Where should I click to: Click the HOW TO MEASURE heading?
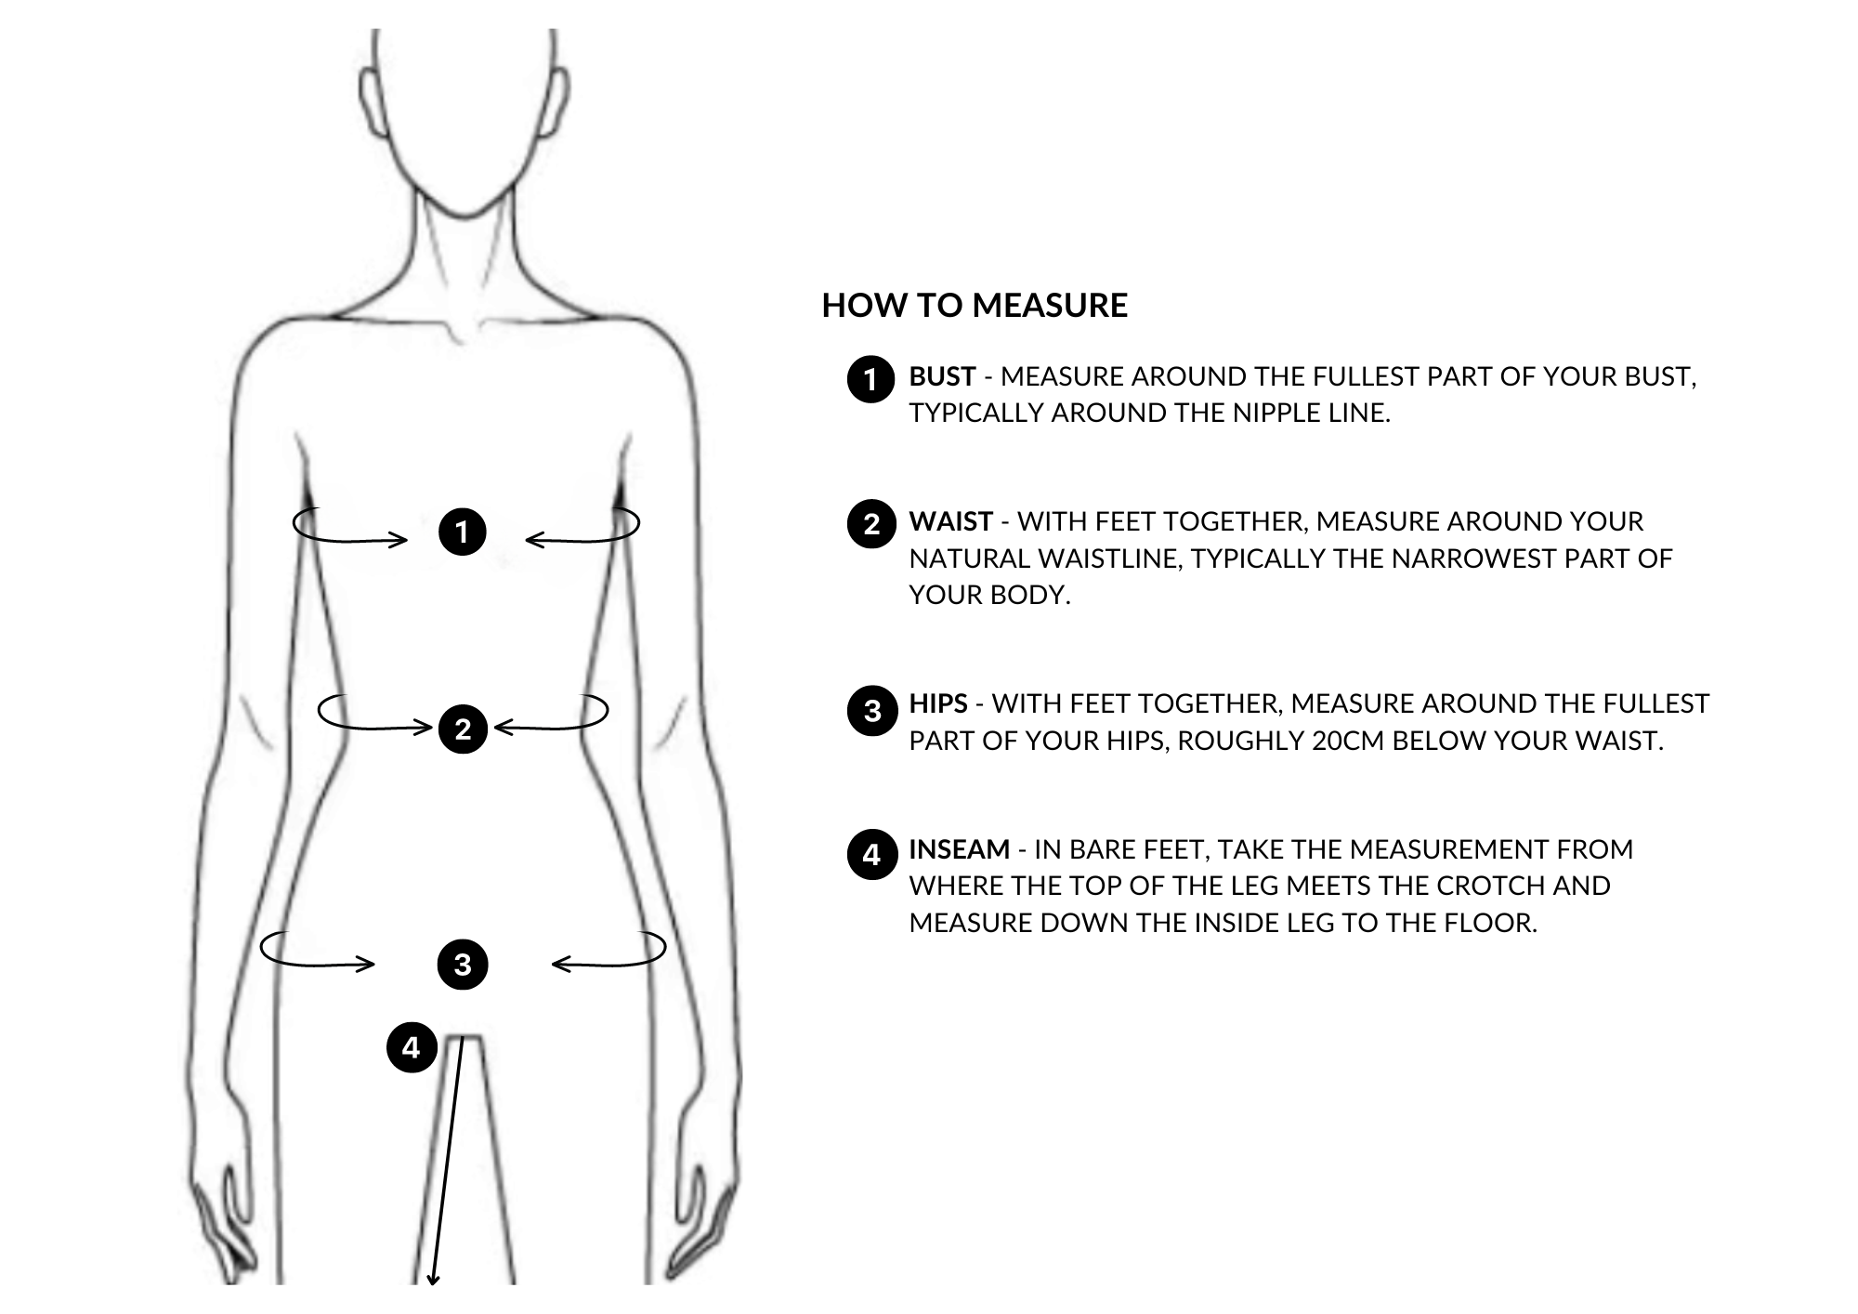pyautogui.click(x=975, y=306)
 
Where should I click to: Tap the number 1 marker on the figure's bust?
pyautogui.click(x=463, y=532)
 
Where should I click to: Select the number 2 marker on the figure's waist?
pyautogui.click(x=463, y=729)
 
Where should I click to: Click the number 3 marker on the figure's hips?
pyautogui.click(x=463, y=965)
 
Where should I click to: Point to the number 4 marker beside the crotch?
pyautogui.click(x=412, y=1047)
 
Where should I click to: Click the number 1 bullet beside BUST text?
pyautogui.click(x=870, y=379)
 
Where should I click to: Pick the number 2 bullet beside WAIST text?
pyautogui.click(x=870, y=524)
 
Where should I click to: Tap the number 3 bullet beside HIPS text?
pyautogui.click(x=871, y=711)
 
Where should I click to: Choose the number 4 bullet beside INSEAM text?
pyautogui.click(x=871, y=854)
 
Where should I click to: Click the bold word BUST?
pyautogui.click(x=942, y=376)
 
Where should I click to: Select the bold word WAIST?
pyautogui.click(x=950, y=521)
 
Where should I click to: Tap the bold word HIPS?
pyautogui.click(x=938, y=703)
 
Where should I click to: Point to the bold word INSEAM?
pyautogui.click(x=959, y=849)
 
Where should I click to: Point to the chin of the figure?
pyautogui.click(x=463, y=213)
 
